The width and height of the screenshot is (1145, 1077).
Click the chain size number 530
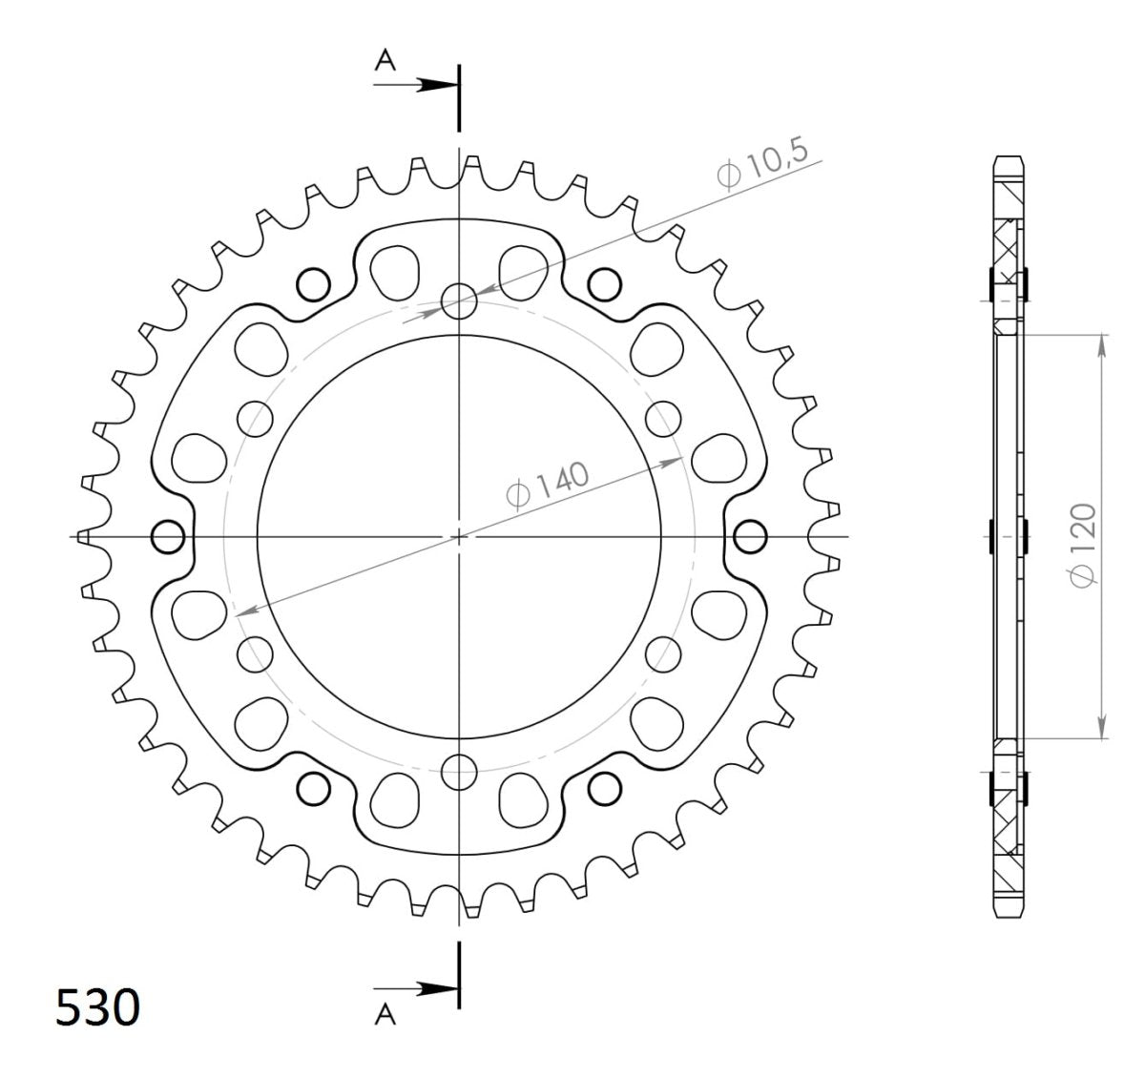(x=98, y=1008)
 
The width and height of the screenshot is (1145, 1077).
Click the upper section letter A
(x=385, y=61)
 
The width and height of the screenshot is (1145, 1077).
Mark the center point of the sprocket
(x=459, y=537)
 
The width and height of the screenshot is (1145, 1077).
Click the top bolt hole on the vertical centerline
(x=459, y=301)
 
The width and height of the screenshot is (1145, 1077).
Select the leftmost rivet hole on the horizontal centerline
(x=168, y=537)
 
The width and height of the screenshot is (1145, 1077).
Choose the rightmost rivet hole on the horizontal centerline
(x=751, y=537)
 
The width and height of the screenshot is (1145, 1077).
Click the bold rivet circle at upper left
(x=313, y=283)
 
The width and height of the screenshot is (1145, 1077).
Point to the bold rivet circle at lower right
(x=603, y=788)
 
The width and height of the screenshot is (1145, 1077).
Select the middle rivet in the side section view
(x=1010, y=536)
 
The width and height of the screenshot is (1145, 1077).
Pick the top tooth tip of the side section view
(x=1010, y=158)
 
